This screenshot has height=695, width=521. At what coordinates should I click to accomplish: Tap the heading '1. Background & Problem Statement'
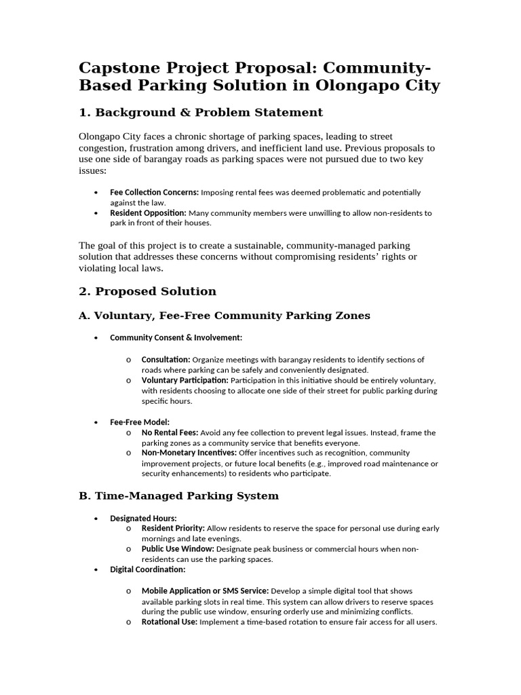(x=201, y=112)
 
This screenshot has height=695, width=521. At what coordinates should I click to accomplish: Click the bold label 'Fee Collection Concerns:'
(x=155, y=193)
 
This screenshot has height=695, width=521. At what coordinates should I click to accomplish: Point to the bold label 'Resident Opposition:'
(x=148, y=213)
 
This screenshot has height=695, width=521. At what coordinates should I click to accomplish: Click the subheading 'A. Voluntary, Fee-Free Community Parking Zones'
(x=225, y=316)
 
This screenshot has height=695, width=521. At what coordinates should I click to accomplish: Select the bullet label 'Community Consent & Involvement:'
(x=176, y=337)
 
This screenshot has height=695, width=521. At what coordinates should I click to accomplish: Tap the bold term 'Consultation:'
(x=166, y=360)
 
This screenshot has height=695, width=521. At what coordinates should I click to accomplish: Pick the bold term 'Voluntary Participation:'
(x=185, y=380)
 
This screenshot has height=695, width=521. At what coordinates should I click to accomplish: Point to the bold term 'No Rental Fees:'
(x=170, y=432)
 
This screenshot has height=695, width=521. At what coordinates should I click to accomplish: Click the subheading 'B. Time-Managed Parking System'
(x=179, y=495)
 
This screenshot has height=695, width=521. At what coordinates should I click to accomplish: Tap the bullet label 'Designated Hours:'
(x=143, y=519)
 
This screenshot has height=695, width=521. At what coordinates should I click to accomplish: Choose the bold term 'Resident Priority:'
(x=173, y=528)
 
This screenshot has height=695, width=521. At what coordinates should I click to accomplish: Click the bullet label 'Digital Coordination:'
(x=148, y=569)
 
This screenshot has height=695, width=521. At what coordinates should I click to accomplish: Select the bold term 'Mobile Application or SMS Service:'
(x=205, y=591)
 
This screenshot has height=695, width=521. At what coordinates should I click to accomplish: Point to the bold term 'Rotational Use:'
(x=170, y=622)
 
